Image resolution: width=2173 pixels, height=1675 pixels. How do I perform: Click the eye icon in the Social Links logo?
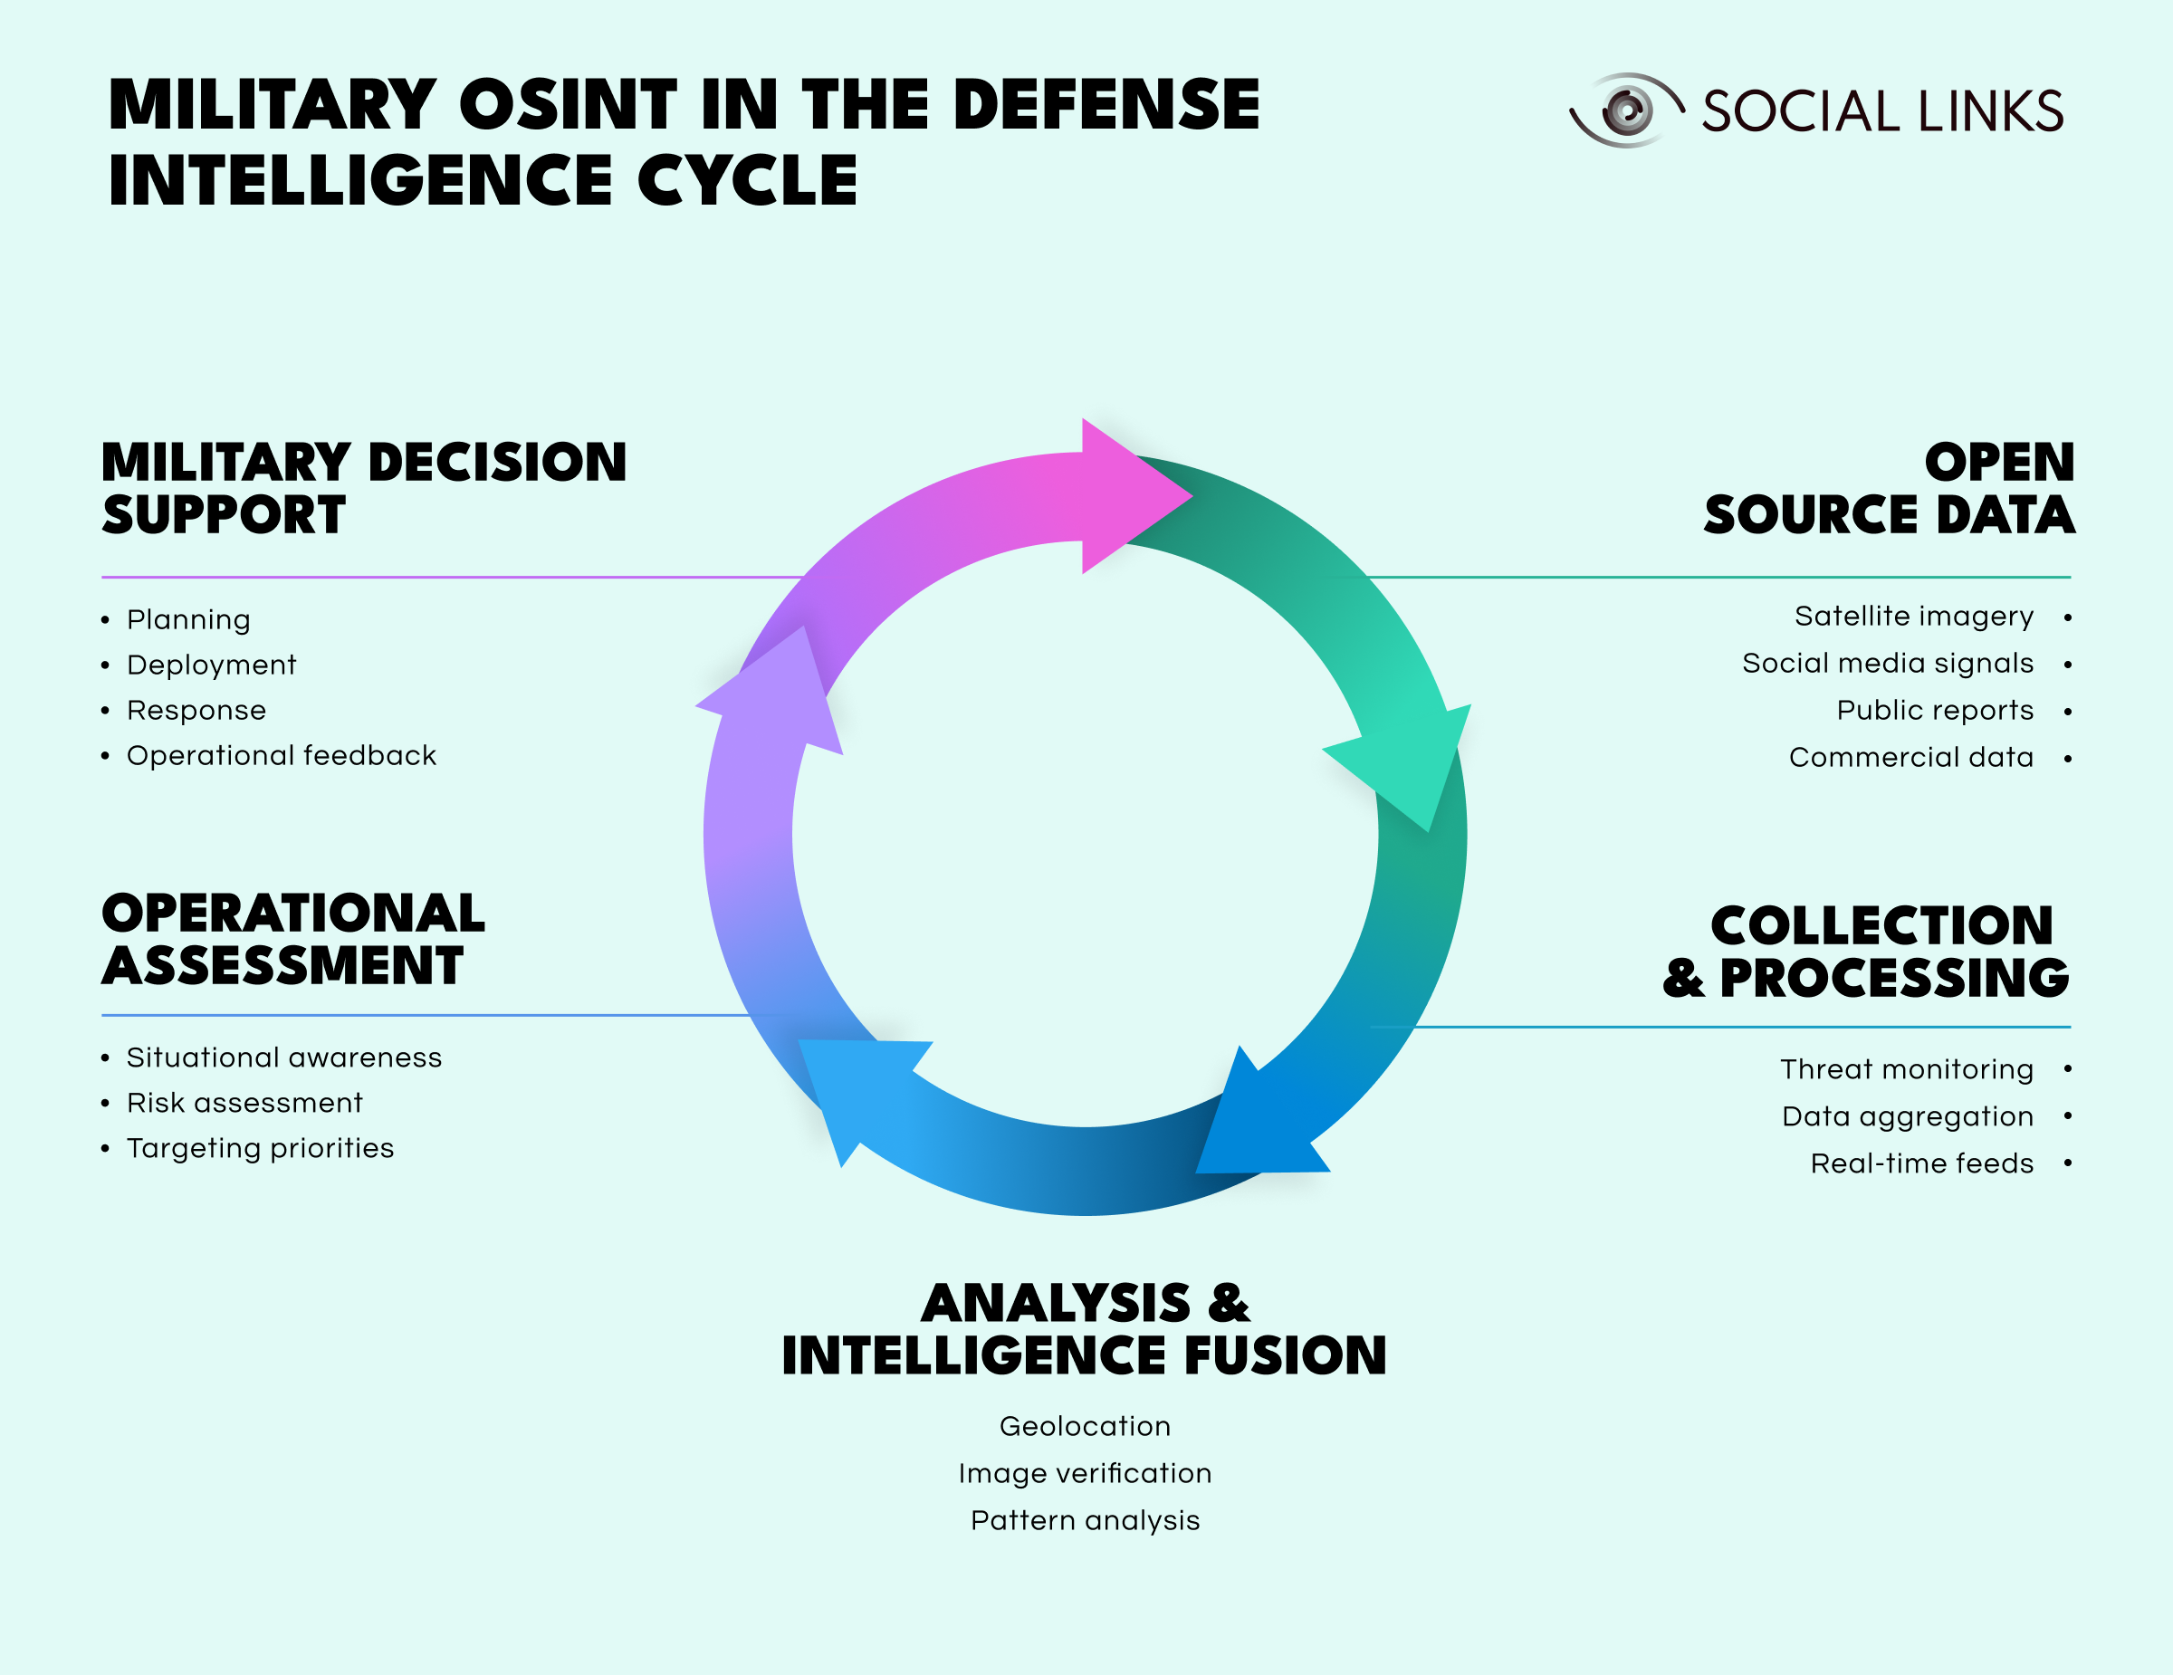pos(1627,110)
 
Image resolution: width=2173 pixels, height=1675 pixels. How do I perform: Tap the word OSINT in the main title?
pos(567,105)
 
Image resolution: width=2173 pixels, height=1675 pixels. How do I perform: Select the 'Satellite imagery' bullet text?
pos(1913,617)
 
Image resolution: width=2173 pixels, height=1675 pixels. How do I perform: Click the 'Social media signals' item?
pos(1888,664)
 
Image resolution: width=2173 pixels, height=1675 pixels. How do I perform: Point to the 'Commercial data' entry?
pos(1910,758)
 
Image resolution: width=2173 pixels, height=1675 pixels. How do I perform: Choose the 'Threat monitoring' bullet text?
pos(1906,1069)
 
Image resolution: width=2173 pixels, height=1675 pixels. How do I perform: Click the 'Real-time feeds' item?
pos(1921,1163)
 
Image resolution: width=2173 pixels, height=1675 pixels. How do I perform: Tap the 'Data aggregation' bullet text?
pos(1908,1116)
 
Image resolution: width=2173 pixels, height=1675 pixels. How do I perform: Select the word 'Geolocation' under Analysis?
pos(1085,1426)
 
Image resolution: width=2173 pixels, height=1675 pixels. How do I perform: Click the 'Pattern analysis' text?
pos(1085,1521)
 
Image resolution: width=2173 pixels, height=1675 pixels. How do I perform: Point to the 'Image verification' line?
pos(1085,1473)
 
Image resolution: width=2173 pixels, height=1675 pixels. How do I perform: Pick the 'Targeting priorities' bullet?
pos(260,1149)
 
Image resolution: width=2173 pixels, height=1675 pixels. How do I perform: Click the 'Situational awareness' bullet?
pos(283,1058)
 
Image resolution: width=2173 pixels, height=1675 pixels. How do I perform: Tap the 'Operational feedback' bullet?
pos(281,756)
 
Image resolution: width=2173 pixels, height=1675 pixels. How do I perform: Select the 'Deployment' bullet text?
pos(211,665)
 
